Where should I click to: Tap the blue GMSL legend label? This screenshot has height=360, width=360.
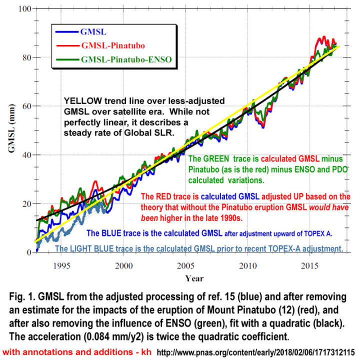click(93, 31)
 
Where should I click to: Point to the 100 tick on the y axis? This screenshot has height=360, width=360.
click(24, 9)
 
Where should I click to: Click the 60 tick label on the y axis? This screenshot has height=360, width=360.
click(26, 106)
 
